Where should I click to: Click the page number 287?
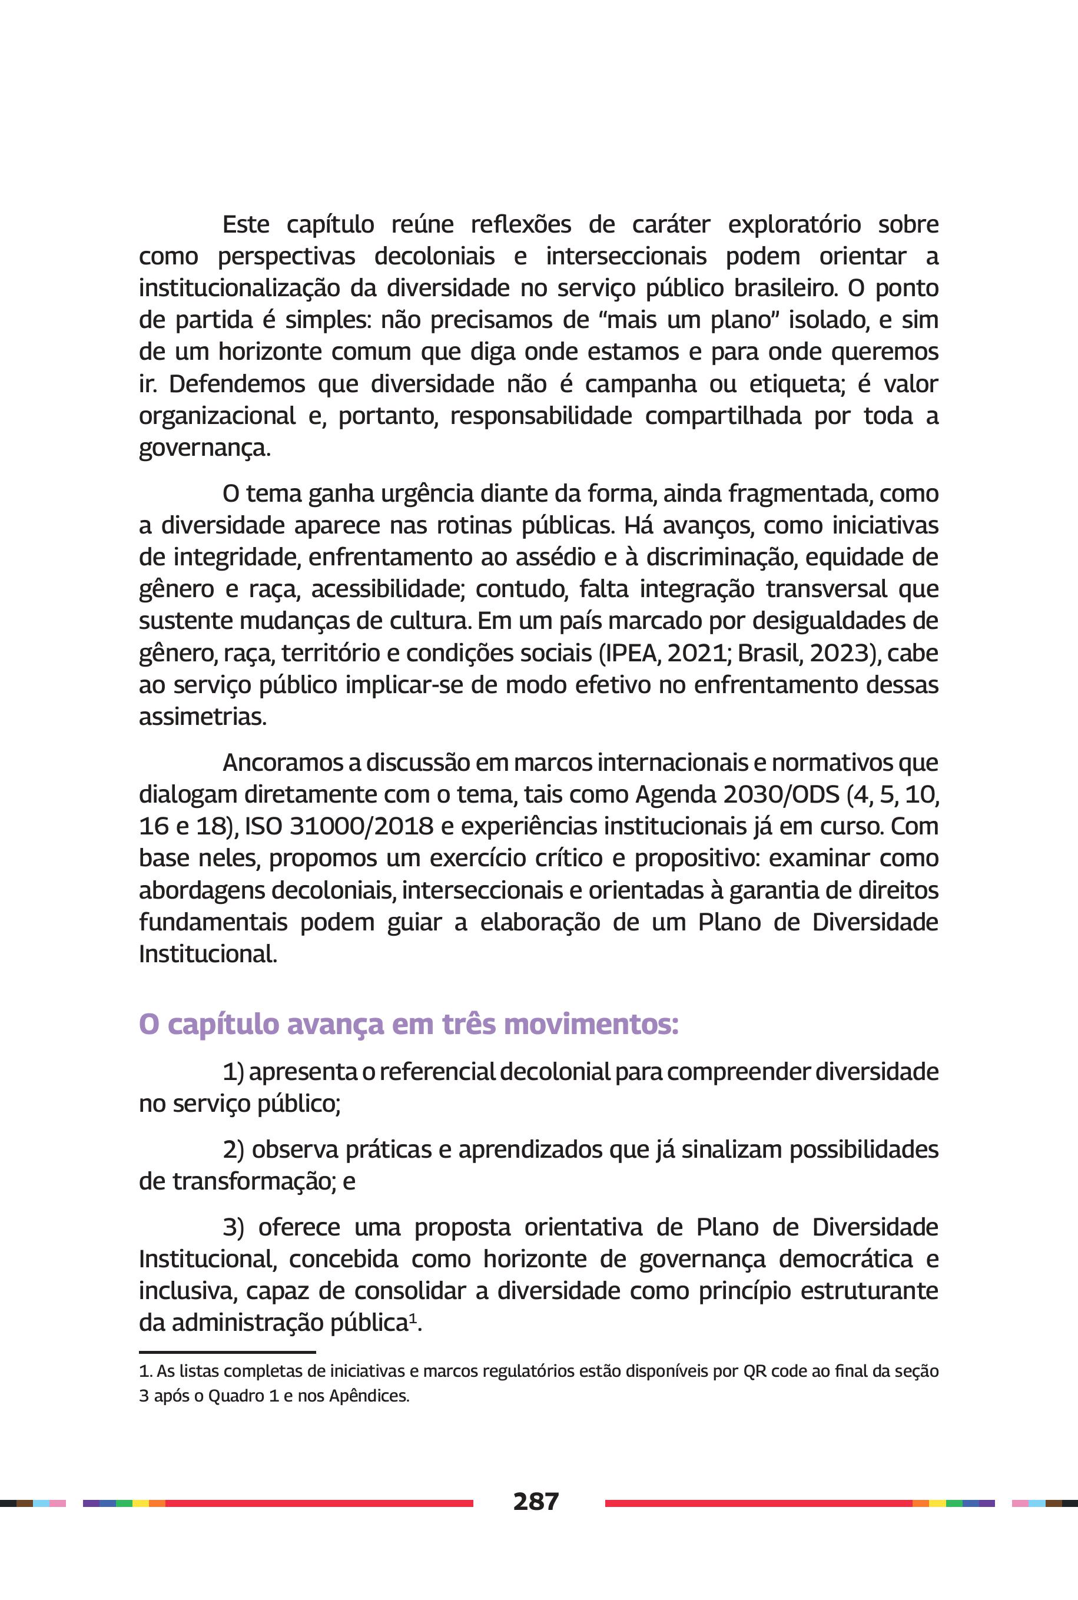[x=536, y=1502]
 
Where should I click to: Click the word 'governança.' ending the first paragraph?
[x=205, y=449]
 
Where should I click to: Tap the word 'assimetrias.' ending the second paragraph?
[x=203, y=717]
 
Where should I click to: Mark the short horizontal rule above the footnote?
[x=227, y=1353]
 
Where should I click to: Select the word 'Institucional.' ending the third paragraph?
[x=208, y=955]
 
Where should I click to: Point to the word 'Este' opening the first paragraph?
[x=246, y=225]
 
